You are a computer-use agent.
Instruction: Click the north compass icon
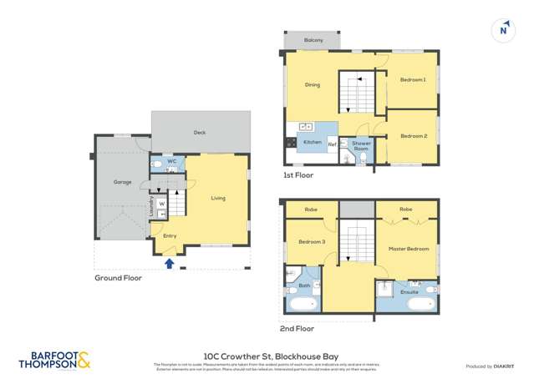503,29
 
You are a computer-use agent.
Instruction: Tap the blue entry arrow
170,264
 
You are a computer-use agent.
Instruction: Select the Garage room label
123,182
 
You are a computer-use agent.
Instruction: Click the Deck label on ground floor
200,133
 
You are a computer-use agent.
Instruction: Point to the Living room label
218,198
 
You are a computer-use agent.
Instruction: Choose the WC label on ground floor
170,160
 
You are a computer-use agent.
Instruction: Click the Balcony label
313,40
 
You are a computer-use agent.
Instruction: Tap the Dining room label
312,84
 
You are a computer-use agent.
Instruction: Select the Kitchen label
312,143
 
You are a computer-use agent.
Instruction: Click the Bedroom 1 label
412,80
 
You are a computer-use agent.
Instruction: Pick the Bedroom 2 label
412,136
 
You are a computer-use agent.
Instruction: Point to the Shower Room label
360,146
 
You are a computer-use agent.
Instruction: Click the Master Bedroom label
409,249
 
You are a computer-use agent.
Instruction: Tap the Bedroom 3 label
312,242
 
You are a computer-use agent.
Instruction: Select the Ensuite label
409,292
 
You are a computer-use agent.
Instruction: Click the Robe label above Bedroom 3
310,209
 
